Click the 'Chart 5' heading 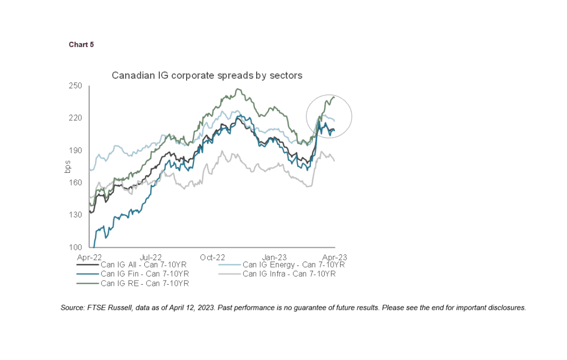point(81,45)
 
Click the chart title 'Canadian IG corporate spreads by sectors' point(207,75)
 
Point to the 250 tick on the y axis point(76,86)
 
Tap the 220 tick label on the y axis point(76,118)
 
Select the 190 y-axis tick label point(76,151)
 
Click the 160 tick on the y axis point(76,183)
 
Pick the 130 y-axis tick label point(76,215)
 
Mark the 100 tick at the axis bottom point(76,248)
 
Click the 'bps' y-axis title point(68,167)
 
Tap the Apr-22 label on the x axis point(89,256)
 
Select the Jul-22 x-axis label point(151,256)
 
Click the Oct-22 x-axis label point(213,256)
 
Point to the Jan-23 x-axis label point(274,256)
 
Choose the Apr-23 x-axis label point(335,256)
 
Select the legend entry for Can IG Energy point(293,265)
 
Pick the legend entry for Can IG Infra point(289,274)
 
